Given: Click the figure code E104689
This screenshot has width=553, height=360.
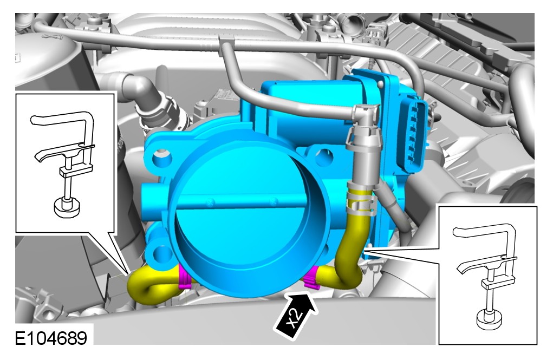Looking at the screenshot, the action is [x=51, y=338].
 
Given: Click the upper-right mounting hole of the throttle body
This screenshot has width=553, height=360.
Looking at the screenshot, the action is [x=323, y=157].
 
